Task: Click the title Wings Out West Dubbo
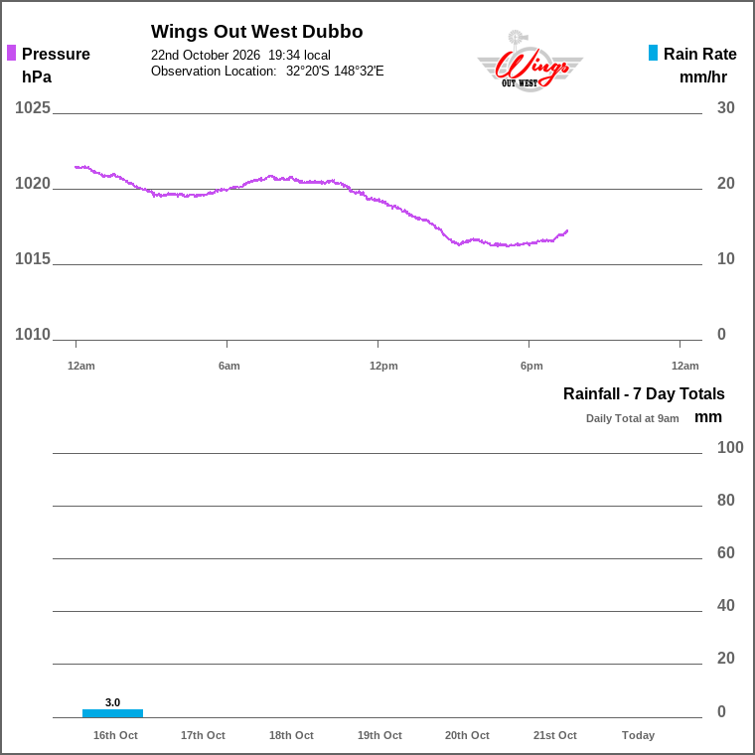click(256, 32)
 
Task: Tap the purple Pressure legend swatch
click(12, 53)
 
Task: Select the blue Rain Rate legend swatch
click(653, 53)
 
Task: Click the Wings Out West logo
click(529, 62)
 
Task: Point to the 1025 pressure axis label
click(32, 108)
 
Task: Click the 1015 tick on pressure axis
click(32, 259)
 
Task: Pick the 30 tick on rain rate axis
click(725, 108)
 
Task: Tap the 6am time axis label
click(229, 366)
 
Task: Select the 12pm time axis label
click(383, 366)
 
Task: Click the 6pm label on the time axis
click(531, 366)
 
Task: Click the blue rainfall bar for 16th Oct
click(112, 713)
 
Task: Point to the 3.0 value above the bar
click(112, 702)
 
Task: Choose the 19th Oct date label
click(379, 735)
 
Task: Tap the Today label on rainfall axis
click(638, 735)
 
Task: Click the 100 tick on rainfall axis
click(730, 448)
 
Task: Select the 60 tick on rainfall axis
click(725, 552)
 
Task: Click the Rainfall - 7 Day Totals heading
click(644, 393)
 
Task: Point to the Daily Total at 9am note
click(632, 418)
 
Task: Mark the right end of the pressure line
click(567, 230)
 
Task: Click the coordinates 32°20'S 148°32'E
click(335, 72)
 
